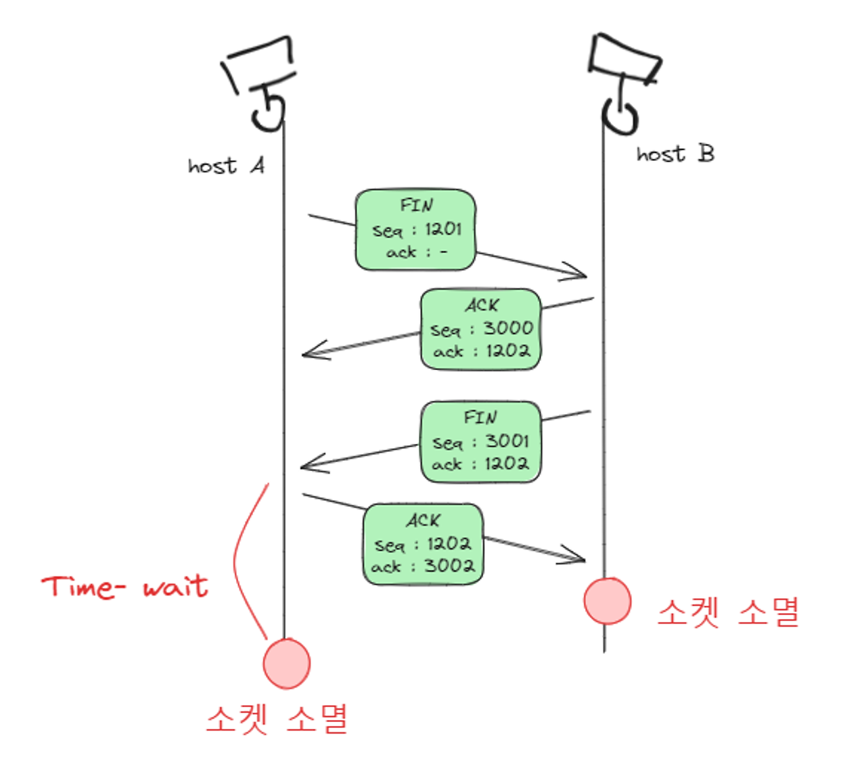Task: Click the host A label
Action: tap(226, 166)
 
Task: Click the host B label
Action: tap(675, 154)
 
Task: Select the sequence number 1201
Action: tap(443, 229)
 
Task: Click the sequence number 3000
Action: tap(508, 328)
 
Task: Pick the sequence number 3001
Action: tap(507, 441)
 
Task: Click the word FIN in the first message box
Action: tap(416, 205)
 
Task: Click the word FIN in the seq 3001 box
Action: tap(480, 418)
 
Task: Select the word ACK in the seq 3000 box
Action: tap(482, 305)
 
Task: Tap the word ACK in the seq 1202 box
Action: tap(424, 520)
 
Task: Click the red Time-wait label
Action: tap(124, 587)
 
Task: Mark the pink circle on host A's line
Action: tap(287, 664)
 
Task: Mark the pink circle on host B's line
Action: tap(608, 601)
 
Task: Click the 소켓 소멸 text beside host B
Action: tap(728, 612)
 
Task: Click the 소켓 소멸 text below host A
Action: tap(277, 719)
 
